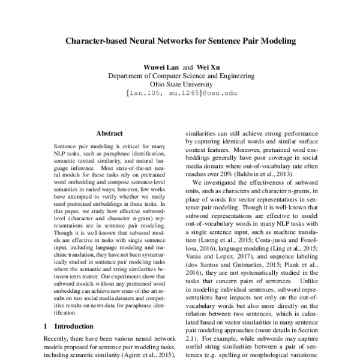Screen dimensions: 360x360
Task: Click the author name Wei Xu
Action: click(x=208, y=67)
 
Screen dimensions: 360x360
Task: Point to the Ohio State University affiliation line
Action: click(x=181, y=85)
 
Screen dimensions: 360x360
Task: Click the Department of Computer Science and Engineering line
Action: click(x=181, y=76)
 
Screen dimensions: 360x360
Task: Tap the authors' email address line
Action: click(x=181, y=95)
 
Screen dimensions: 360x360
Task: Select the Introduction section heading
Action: click(x=67, y=327)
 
